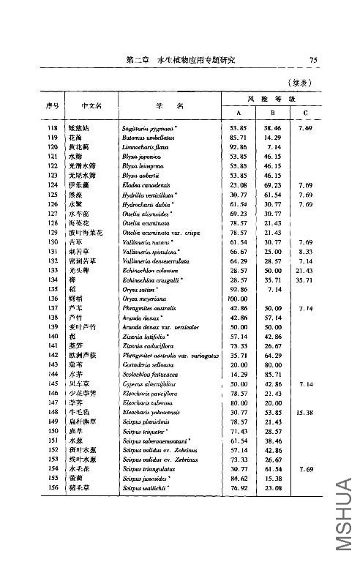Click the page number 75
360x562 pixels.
tap(312, 60)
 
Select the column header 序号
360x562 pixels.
tap(52, 105)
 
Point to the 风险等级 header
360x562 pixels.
tap(271, 99)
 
